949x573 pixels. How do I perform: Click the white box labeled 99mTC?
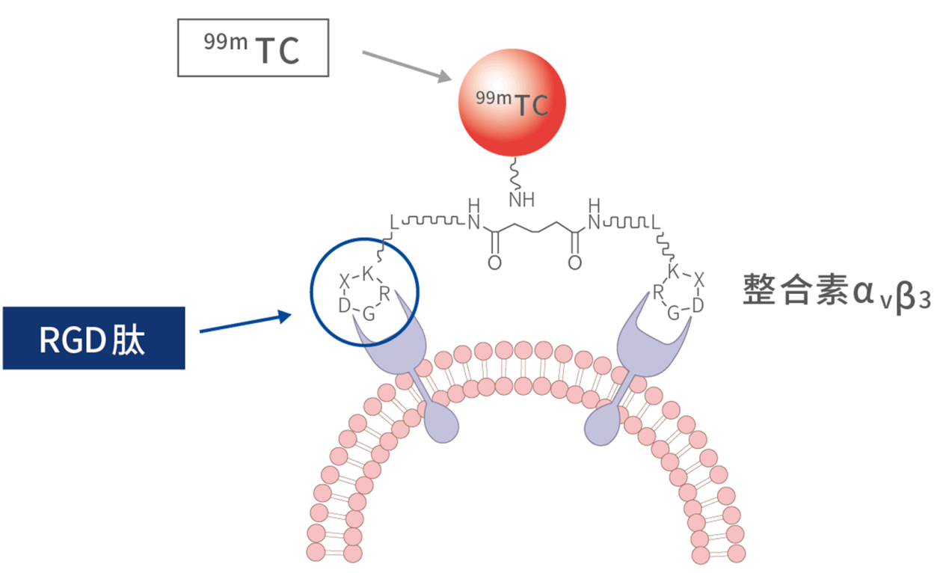tap(253, 48)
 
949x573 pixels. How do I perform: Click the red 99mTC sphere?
tap(512, 105)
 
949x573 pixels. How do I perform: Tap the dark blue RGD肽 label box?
tap(93, 338)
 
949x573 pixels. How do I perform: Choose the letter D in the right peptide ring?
tap(697, 305)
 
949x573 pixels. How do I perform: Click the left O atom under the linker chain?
tap(494, 263)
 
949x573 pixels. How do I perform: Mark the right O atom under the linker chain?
tap(575, 263)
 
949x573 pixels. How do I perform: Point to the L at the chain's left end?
tap(395, 222)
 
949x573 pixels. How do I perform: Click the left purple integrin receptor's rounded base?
tap(441, 423)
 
